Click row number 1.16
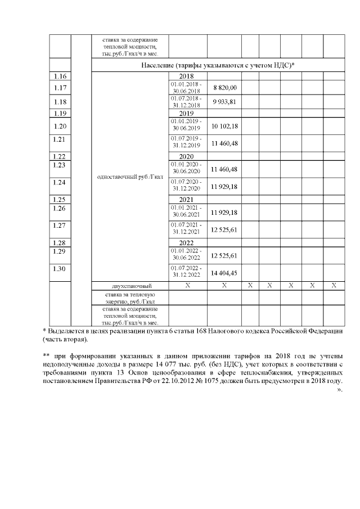[60, 76]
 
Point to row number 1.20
[60, 126]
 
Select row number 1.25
[60, 199]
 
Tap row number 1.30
[60, 269]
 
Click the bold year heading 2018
[186, 76]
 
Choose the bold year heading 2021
[186, 199]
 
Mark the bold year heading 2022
[186, 243]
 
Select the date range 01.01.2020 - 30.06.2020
[186, 169]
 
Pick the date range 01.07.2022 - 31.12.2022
[186, 272]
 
